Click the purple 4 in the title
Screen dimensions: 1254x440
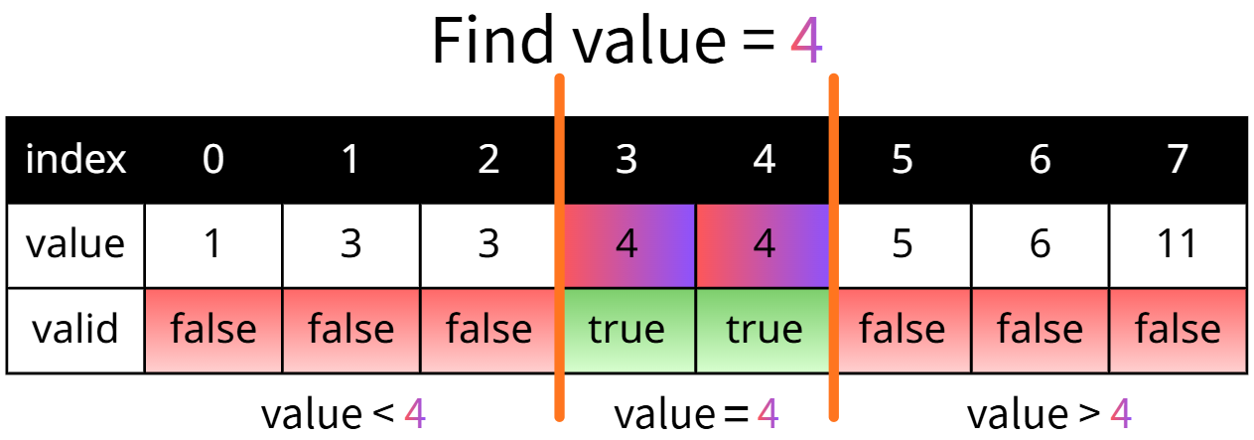point(806,41)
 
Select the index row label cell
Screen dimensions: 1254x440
point(75,160)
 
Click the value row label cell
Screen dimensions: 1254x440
point(75,245)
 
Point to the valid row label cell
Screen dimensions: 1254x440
point(75,331)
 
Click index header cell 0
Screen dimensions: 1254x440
point(213,160)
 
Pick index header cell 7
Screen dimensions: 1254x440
point(1179,160)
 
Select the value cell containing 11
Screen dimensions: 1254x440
point(1179,245)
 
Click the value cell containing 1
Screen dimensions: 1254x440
point(213,245)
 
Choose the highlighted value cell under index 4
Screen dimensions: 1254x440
point(763,245)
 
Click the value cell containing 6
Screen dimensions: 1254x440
point(1041,245)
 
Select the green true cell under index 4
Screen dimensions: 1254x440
point(763,331)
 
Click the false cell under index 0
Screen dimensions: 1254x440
point(213,331)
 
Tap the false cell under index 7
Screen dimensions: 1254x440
point(1179,331)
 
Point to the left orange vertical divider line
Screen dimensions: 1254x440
point(559,247)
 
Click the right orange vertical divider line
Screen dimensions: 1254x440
point(834,247)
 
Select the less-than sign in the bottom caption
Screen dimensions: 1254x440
point(383,414)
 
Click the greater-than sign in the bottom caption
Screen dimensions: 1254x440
point(1089,414)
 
